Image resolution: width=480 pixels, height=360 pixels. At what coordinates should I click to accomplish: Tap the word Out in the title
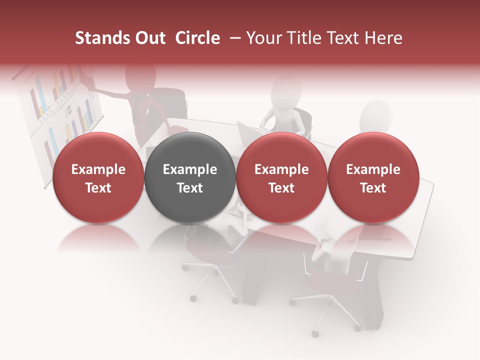(149, 38)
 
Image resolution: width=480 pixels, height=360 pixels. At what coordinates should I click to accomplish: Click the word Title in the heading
(305, 38)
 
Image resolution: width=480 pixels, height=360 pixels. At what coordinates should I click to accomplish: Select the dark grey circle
(190, 178)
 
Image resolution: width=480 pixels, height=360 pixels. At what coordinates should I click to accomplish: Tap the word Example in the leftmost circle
(98, 169)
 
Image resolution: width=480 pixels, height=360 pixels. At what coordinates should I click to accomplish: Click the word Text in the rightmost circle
(373, 188)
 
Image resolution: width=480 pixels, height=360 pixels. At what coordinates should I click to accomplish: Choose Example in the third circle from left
(281, 169)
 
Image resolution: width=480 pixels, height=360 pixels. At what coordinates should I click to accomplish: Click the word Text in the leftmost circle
(98, 188)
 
